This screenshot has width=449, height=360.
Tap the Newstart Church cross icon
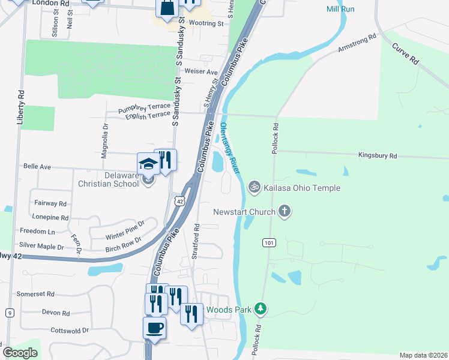pos(285,211)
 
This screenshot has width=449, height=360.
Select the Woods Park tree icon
pos(260,309)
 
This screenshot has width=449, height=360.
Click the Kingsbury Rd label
pos(378,156)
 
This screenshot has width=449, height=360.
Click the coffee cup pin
pos(154,328)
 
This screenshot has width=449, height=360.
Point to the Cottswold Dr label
pos(70,330)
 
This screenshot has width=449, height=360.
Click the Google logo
pos(20,353)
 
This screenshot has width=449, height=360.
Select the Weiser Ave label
pos(203,71)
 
